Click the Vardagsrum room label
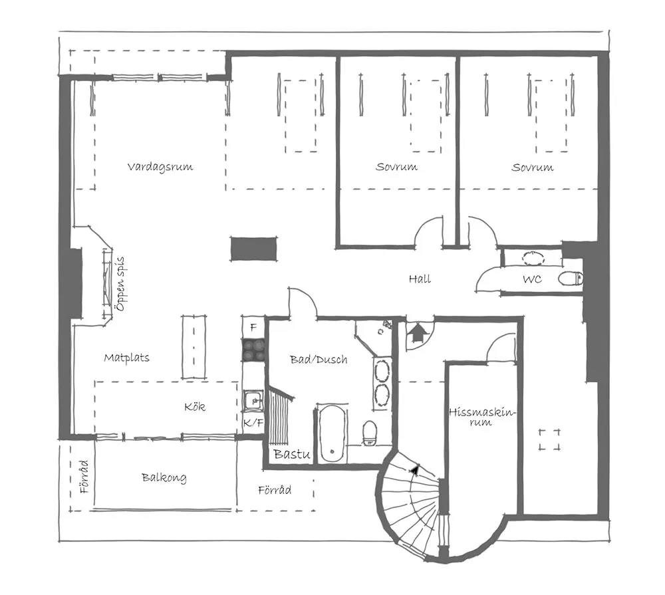160,166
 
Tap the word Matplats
126,358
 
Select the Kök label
195,407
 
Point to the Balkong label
164,477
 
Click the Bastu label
293,455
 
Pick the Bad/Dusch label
319,360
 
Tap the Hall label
420,279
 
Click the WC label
532,280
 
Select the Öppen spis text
120,285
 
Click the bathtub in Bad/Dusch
331,433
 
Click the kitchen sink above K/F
252,400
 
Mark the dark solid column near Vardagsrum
253,249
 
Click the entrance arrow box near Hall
418,332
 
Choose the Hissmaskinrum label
482,417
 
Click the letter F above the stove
253,327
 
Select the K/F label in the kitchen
252,423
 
